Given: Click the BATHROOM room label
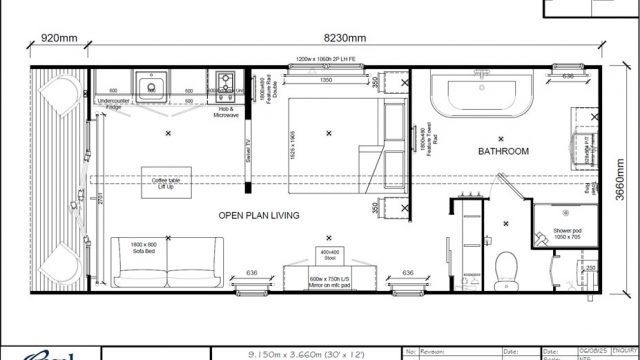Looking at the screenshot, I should point(502,152).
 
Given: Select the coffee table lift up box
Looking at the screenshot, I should point(163,183).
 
